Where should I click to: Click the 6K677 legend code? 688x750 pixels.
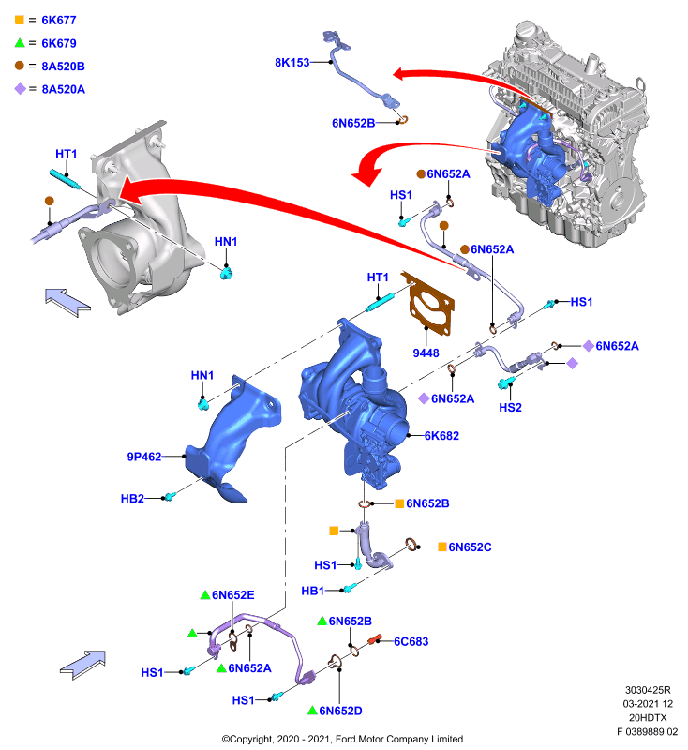59,20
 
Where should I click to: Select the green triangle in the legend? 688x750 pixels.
20,43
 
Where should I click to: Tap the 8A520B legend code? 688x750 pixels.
63,66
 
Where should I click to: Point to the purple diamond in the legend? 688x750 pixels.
20,89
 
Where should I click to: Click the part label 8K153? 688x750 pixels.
292,62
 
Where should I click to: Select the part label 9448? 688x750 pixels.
426,353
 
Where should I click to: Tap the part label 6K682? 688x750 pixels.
441,436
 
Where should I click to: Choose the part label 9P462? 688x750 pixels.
144,457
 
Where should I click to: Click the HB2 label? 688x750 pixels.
132,499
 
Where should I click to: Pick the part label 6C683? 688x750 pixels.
411,641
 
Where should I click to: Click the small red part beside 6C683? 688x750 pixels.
374,639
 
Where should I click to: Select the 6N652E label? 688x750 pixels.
232,595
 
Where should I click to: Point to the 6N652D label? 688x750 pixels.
340,711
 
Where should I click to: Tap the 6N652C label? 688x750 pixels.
470,547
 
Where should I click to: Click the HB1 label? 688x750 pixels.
313,592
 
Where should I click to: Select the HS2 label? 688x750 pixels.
510,408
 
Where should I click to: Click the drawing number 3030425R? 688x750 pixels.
648,690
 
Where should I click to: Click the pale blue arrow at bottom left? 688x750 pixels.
83,665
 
